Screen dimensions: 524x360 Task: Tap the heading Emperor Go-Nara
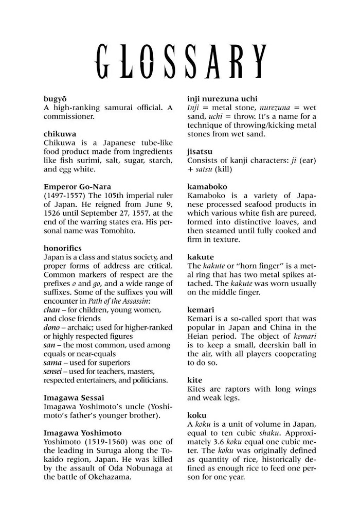77,186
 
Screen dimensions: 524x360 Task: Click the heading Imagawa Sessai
74,398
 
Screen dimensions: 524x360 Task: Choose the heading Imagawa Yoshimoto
82,433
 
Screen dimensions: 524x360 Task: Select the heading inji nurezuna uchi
229,98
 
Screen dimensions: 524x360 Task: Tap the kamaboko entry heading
207,186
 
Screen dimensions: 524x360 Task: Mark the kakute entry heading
201,257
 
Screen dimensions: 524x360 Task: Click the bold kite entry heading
195,380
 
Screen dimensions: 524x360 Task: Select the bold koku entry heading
196,415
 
